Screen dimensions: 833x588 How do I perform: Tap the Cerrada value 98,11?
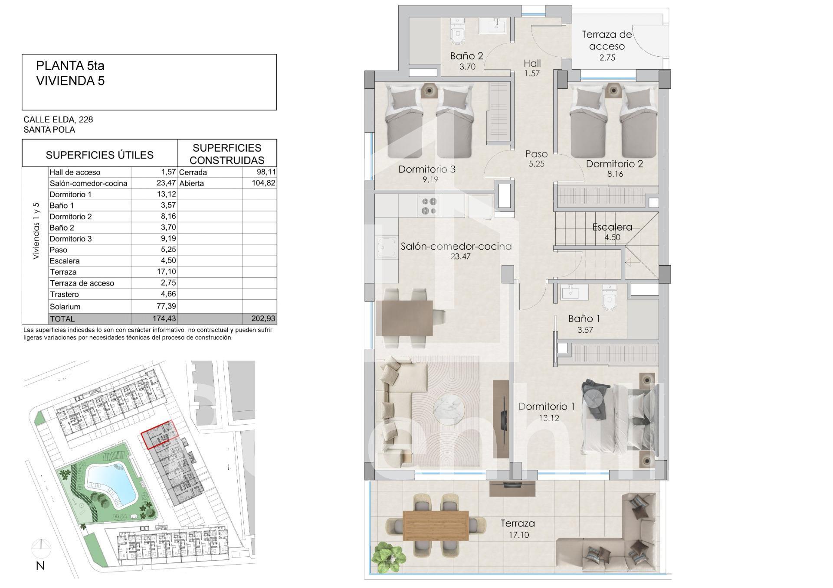point(266,172)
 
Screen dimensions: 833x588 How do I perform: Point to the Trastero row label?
point(64,295)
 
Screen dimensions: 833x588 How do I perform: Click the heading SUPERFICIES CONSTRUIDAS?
point(227,154)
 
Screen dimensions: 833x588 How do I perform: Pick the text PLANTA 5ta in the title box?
point(70,66)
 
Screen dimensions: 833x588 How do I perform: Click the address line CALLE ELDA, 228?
point(58,120)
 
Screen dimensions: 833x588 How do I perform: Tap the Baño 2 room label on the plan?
point(466,56)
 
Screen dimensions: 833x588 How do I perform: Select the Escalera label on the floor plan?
point(612,227)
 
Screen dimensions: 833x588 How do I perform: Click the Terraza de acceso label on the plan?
point(607,40)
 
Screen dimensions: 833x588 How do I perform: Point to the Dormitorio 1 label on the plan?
point(547,406)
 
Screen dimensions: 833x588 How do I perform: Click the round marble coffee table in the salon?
point(449,409)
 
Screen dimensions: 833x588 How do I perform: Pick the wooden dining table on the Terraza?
point(436,525)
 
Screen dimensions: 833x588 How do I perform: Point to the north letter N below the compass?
point(40,566)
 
